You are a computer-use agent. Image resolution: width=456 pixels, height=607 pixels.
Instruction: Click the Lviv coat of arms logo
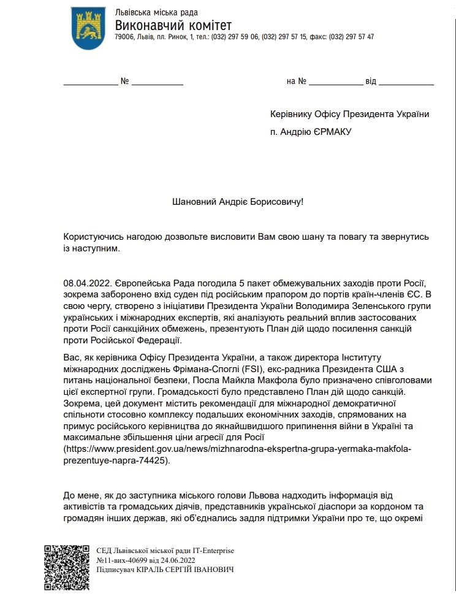88,28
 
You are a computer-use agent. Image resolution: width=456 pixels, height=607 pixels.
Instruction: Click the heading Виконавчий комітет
173,25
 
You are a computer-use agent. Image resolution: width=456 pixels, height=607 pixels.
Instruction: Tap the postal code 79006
125,37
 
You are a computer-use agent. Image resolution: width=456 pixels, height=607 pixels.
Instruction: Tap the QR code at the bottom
66,567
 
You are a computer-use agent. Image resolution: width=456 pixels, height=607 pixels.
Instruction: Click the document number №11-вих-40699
123,560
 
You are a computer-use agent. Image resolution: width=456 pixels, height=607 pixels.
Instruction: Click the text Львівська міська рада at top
156,13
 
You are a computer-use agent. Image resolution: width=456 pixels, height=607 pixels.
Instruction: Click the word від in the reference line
371,82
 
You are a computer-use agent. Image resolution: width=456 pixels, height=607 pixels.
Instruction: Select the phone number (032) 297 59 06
235,37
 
